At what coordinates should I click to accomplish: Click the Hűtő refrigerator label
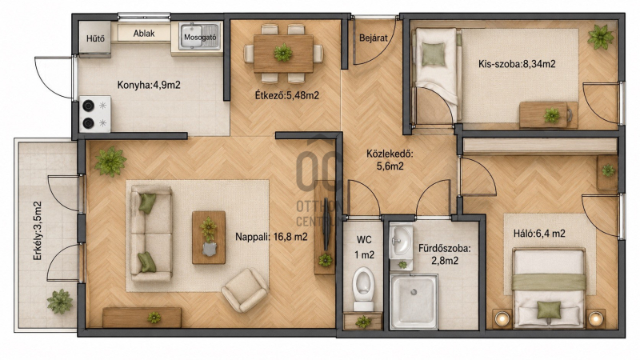95,38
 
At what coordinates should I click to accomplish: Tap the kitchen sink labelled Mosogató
199,37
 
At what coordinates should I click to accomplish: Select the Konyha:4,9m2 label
149,85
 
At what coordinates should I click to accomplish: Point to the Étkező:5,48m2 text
287,95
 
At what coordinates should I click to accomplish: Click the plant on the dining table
283,53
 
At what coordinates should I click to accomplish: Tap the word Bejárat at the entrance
374,38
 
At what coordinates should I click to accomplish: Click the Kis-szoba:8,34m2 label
517,64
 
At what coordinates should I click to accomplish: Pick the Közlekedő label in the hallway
390,154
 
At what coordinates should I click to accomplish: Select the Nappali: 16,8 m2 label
271,237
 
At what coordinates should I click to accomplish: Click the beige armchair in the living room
245,290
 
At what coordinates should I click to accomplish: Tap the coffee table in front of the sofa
209,238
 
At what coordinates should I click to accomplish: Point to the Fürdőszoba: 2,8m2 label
445,254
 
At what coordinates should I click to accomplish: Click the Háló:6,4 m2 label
539,234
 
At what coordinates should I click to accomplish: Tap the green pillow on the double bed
549,310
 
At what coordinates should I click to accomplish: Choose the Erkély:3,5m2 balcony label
38,231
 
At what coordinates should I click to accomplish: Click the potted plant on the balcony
60,302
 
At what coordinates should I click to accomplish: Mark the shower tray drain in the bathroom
414,292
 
